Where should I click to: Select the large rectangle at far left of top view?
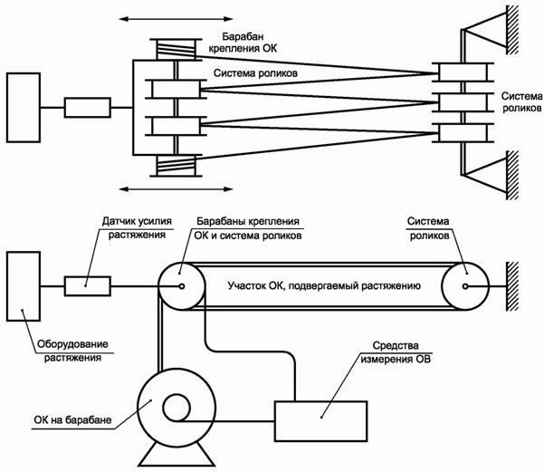(x=24, y=107)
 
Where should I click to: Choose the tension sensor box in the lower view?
(x=88, y=287)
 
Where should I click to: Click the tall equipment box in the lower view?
(x=24, y=287)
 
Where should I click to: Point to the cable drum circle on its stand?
(x=174, y=408)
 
